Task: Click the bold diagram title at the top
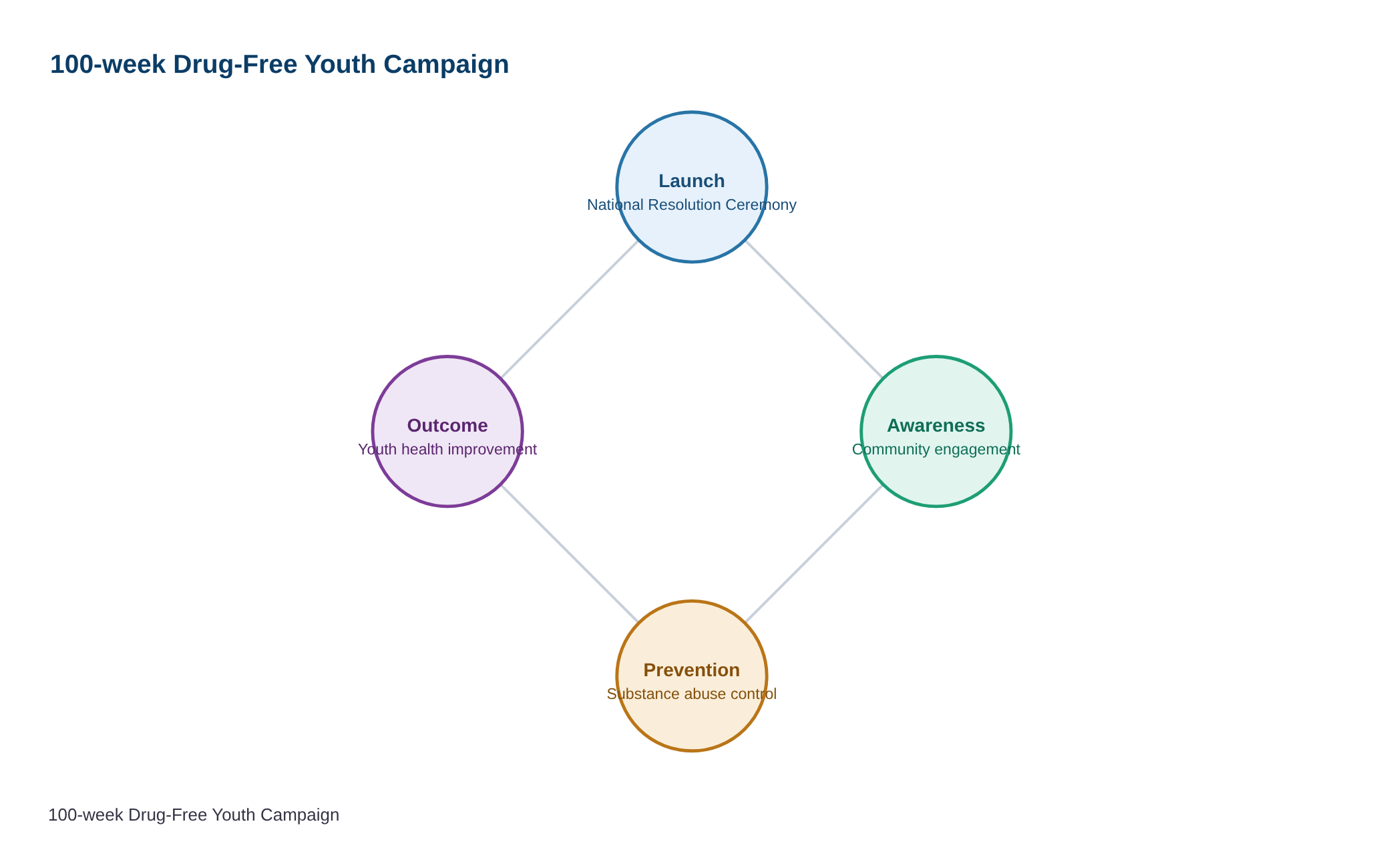(279, 65)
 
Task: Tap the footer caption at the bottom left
(194, 815)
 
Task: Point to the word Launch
(692, 181)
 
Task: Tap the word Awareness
(936, 426)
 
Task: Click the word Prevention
(692, 670)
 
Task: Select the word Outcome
(447, 426)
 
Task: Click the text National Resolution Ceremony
(692, 205)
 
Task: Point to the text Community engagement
(936, 450)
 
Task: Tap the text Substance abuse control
(692, 694)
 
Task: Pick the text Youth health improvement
(447, 450)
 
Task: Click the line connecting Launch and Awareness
(814, 309)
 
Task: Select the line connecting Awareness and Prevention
(814, 554)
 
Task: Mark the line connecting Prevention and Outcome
(570, 554)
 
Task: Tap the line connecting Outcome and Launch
(570, 309)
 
